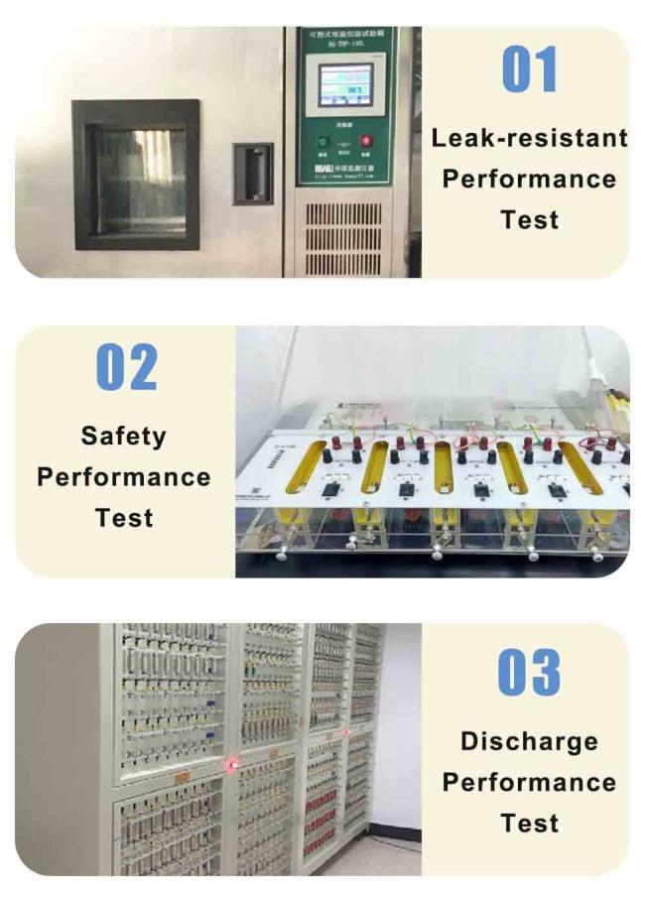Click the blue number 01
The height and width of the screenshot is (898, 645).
pyautogui.click(x=529, y=69)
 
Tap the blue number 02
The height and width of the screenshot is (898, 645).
pyautogui.click(x=126, y=367)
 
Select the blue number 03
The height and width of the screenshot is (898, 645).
pyautogui.click(x=529, y=673)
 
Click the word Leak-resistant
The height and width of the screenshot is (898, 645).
pyautogui.click(x=529, y=138)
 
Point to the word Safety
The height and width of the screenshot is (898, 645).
pyautogui.click(x=124, y=436)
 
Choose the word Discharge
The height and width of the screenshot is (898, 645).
pyautogui.click(x=529, y=741)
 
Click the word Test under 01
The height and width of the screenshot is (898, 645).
pyautogui.click(x=529, y=219)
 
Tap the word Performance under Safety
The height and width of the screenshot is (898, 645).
pyautogui.click(x=124, y=476)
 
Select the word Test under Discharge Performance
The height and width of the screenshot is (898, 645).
pyautogui.click(x=529, y=823)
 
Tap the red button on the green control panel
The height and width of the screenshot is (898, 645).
pyautogui.click(x=365, y=141)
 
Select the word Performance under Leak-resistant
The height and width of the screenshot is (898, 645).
pyautogui.click(x=529, y=179)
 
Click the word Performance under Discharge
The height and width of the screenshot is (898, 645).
pyautogui.click(x=529, y=782)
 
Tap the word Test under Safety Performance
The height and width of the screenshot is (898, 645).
pyautogui.click(x=124, y=517)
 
